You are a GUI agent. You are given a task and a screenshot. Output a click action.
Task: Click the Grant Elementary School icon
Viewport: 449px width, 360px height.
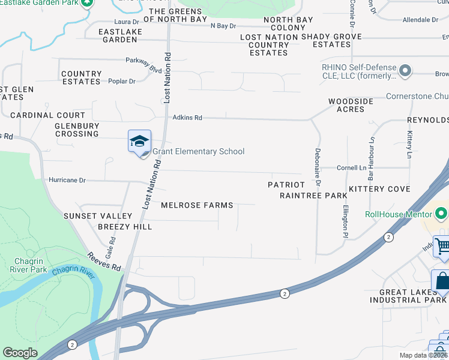tap(139, 142)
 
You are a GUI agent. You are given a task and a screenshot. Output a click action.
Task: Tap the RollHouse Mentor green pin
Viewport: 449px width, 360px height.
tap(442, 213)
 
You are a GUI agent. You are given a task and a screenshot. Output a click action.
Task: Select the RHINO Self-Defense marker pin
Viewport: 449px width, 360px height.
tap(405, 71)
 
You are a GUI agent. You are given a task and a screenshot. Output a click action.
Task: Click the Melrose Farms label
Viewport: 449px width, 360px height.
tap(197, 205)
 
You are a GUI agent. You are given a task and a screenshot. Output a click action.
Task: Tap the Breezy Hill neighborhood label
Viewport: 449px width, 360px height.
tap(125, 227)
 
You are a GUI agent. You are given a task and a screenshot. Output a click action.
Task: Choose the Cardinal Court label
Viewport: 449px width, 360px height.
tap(47, 115)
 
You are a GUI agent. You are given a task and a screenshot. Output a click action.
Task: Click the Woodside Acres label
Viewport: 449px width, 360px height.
tap(351, 105)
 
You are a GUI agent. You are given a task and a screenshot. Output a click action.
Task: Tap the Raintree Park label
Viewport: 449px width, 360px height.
tap(313, 196)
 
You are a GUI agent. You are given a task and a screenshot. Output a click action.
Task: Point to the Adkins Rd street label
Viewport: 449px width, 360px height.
tap(187, 118)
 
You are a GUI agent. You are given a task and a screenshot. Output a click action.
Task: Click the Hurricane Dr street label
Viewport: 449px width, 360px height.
tap(67, 180)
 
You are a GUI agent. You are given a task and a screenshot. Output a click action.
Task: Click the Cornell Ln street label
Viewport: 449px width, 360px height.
tap(351, 168)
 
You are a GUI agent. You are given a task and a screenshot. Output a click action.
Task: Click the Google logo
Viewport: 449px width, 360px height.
tap(20, 353)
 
